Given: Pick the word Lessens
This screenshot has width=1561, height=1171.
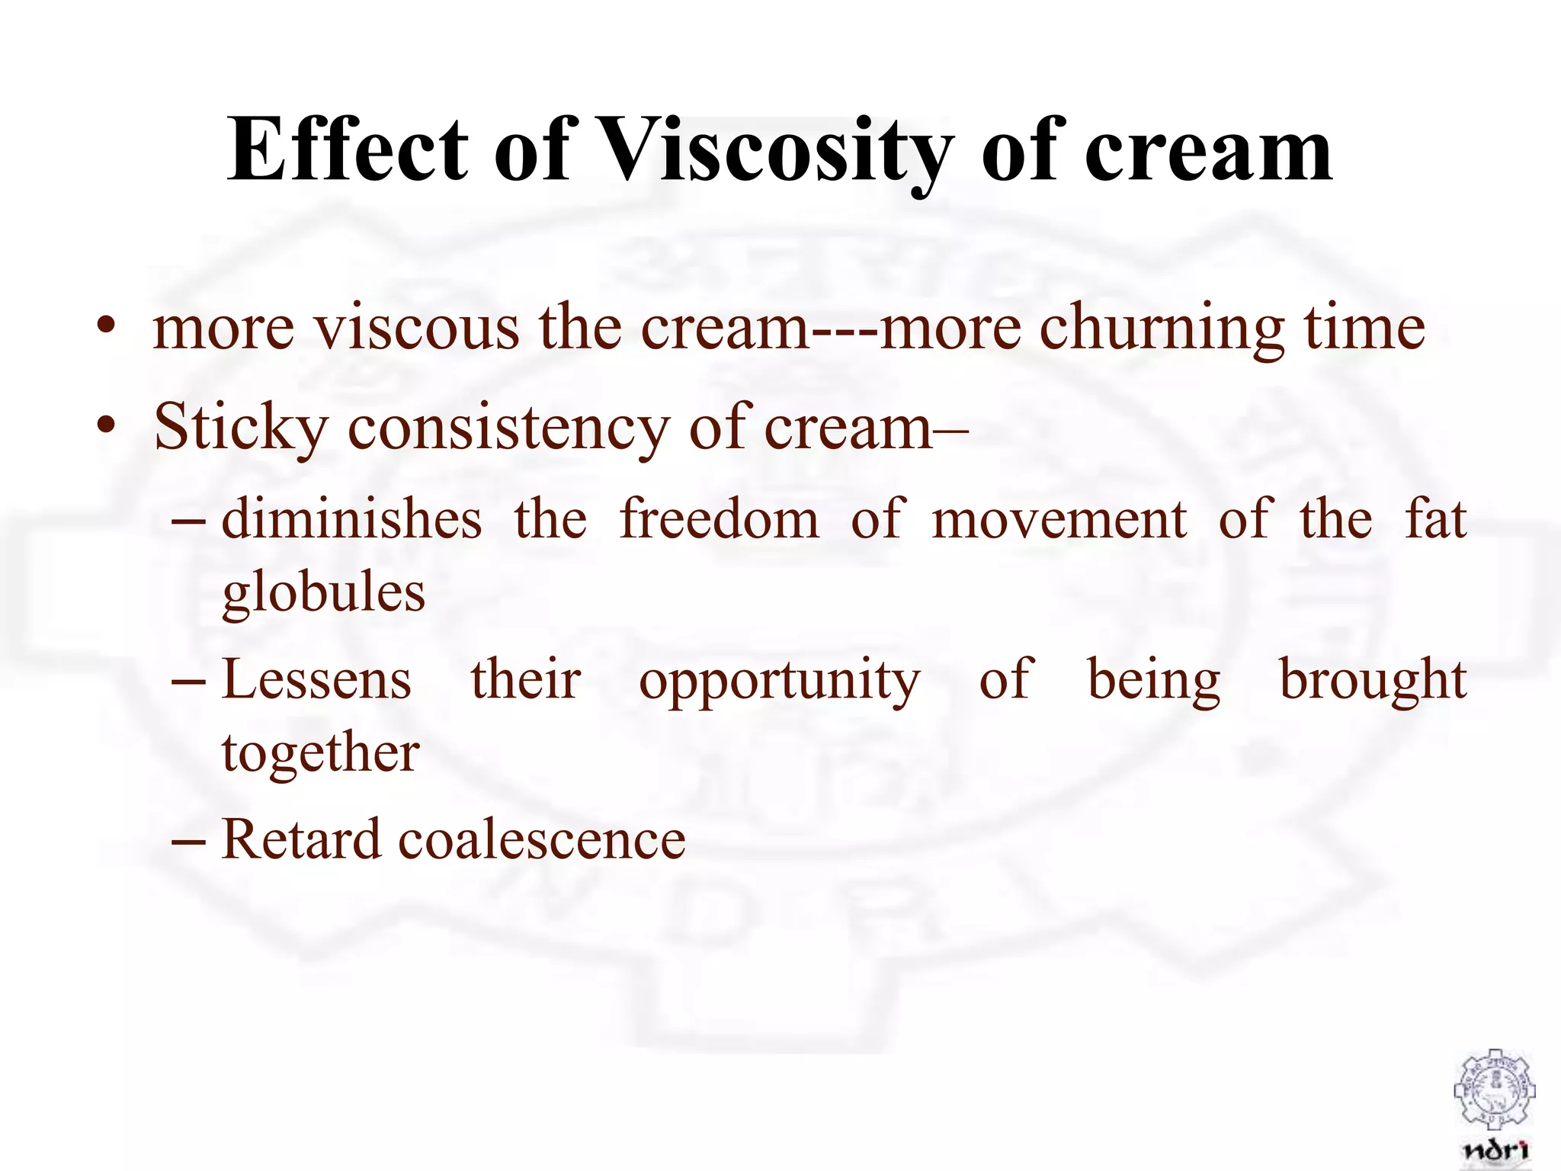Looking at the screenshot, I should pyautogui.click(x=316, y=680).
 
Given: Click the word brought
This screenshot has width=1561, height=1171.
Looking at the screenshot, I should pyautogui.click(x=1372, y=680).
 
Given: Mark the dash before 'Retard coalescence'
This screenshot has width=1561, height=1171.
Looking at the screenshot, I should pyautogui.click(x=188, y=842).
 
